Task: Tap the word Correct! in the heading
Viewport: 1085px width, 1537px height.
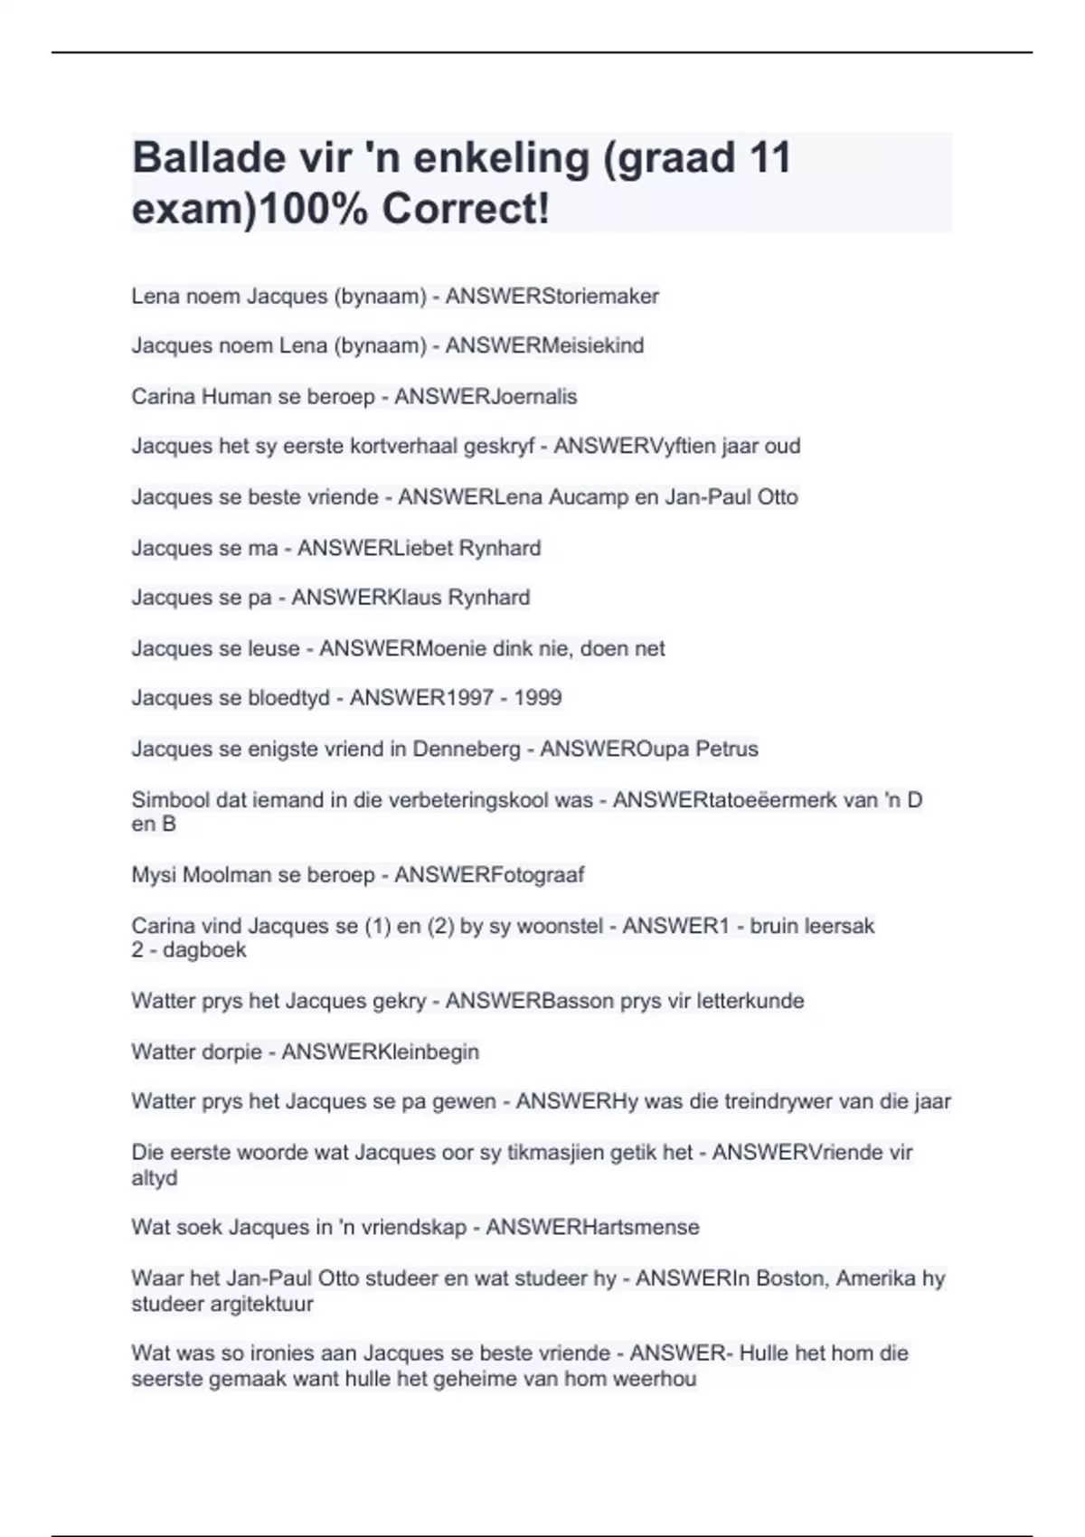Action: tap(466, 209)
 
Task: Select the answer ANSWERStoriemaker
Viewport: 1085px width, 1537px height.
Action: tap(552, 297)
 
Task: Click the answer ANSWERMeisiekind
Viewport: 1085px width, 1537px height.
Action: tap(544, 345)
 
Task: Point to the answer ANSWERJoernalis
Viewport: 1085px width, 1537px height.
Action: tap(486, 396)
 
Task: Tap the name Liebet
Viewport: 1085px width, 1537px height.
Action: tap(423, 548)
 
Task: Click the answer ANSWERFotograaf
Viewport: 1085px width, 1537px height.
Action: tap(489, 875)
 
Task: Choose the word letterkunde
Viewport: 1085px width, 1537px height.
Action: tap(750, 1001)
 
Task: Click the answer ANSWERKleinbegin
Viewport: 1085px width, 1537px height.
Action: tap(380, 1051)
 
